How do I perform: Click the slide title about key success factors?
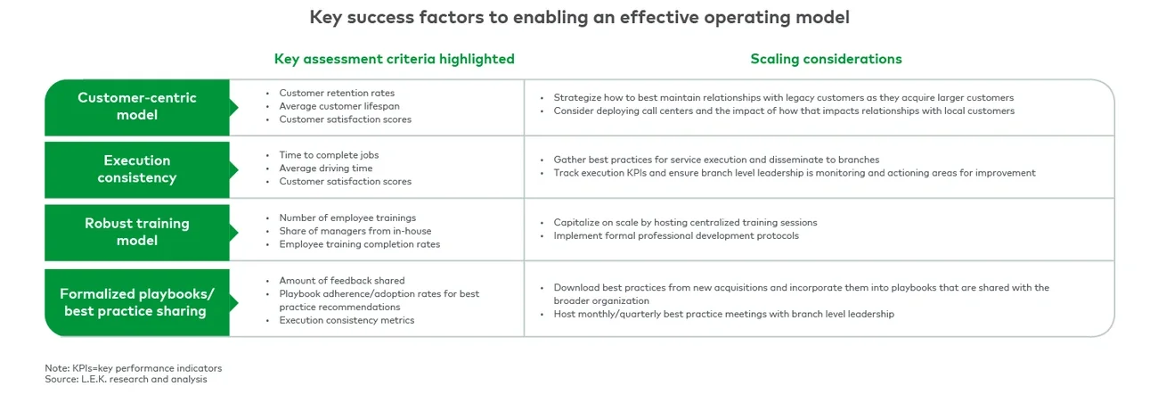(579, 17)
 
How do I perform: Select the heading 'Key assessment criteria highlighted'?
(394, 59)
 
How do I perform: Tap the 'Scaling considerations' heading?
(826, 59)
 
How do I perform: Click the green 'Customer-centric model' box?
(137, 106)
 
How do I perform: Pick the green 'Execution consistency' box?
(137, 169)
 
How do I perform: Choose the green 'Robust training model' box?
(137, 232)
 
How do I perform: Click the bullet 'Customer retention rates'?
(337, 93)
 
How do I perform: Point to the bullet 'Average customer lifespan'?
(339, 106)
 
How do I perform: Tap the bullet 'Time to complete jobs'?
(328, 155)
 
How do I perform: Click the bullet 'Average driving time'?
(326, 169)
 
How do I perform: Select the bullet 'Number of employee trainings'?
(347, 218)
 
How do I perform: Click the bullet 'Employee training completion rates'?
(359, 244)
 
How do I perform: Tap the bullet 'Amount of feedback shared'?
(342, 280)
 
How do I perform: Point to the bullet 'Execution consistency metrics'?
(347, 320)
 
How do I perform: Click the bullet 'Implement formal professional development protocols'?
(676, 236)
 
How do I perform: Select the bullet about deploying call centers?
(784, 111)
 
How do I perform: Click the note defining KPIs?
(134, 367)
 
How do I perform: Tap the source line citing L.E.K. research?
(126, 379)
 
